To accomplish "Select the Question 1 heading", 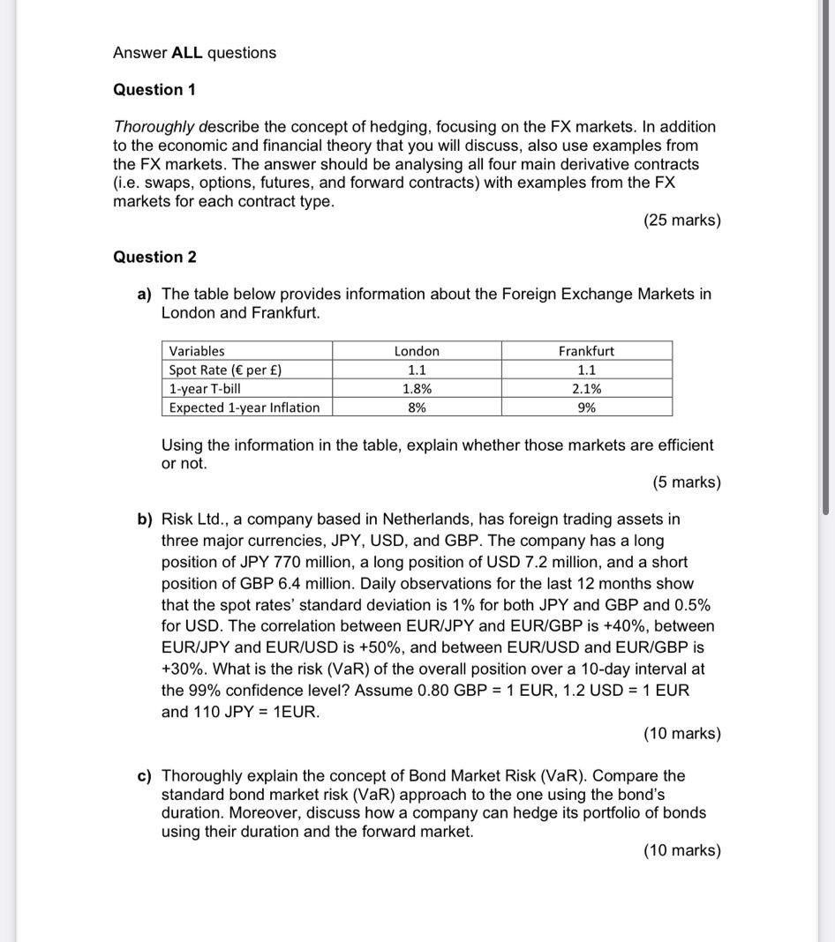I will coord(154,90).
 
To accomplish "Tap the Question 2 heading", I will coord(154,257).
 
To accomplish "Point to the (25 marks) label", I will coord(681,221).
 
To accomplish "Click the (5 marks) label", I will coord(686,482).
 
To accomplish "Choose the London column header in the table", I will coord(417,351).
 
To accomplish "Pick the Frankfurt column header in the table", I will coord(586,351).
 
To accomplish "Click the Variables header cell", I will coord(197,351).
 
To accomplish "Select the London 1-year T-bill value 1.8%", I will coord(417,389).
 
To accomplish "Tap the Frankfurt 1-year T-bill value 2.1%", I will coord(586,389).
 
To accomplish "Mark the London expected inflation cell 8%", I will coord(417,407).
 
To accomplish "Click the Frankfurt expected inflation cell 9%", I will coord(586,407).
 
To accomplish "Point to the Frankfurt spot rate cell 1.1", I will coord(586,370).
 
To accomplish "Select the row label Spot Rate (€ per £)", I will coord(225,370).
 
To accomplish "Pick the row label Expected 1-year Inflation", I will coord(244,407).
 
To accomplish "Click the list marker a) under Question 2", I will coord(145,294).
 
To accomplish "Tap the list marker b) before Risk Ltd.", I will coord(145,520).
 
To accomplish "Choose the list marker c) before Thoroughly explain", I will coord(145,776).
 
